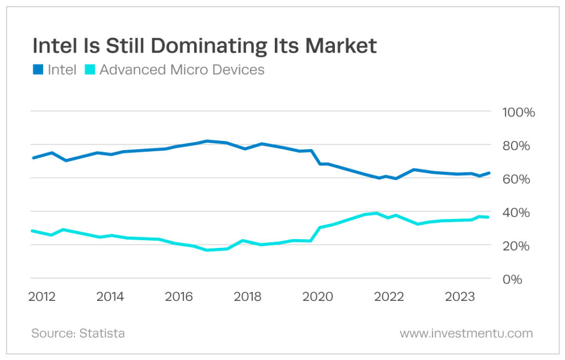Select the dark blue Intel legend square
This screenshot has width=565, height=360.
(37, 70)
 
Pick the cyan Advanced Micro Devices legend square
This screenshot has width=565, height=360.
(89, 70)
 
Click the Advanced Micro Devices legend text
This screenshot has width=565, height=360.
(182, 70)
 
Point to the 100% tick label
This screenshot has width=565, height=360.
(518, 113)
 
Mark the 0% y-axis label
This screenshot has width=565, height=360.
(512, 279)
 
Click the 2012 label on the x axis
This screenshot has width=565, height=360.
(42, 297)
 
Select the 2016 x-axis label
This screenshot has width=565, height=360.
(179, 297)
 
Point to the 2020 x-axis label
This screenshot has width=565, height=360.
(318, 297)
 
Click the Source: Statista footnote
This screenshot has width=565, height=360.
(78, 333)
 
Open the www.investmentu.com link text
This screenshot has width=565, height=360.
(466, 333)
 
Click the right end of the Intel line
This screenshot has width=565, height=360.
(489, 173)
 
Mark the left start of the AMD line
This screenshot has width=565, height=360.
(33, 231)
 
